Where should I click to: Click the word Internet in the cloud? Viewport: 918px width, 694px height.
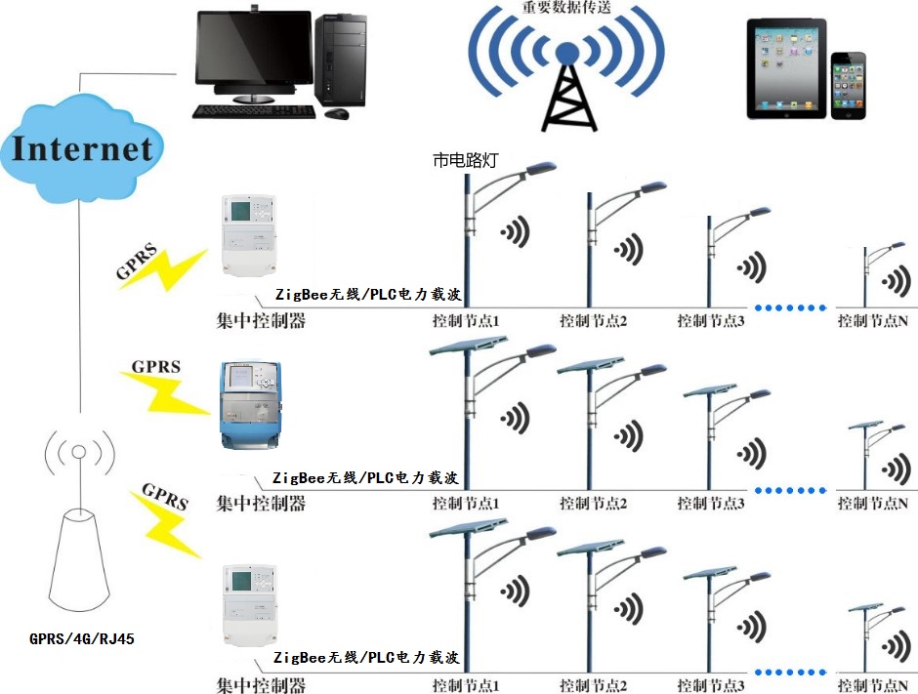click(x=82, y=149)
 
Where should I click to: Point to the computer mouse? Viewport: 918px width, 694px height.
click(x=336, y=114)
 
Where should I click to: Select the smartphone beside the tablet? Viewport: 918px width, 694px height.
click(x=848, y=86)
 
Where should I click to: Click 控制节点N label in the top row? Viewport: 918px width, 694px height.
click(x=873, y=320)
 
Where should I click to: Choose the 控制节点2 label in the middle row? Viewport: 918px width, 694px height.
click(x=593, y=504)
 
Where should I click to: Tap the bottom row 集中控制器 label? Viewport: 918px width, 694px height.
click(x=261, y=685)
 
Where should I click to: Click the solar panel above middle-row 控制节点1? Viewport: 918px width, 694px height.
click(x=468, y=346)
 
